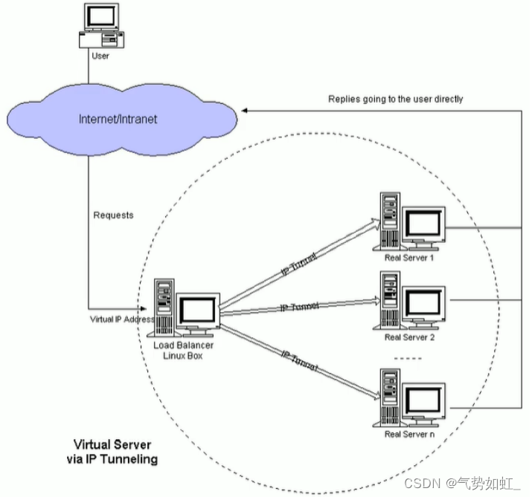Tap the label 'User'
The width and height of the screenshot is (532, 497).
[100, 56]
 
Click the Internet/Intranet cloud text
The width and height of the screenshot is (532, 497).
[118, 119]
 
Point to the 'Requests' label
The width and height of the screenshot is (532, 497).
[113, 215]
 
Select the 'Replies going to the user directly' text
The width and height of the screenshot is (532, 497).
[395, 99]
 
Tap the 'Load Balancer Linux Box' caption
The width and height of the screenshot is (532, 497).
[183, 351]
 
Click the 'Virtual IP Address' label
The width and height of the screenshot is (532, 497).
[121, 319]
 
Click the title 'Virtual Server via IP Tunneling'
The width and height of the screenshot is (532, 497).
[111, 451]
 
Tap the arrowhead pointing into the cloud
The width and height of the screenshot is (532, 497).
[245, 110]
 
